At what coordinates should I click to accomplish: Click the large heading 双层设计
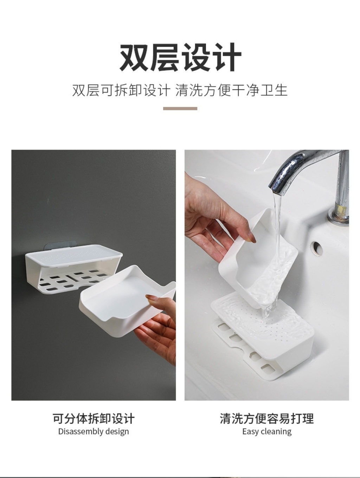180,57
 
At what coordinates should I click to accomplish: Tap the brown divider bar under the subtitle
180,109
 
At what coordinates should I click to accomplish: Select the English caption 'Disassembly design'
94,431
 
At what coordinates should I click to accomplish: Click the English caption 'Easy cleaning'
267,431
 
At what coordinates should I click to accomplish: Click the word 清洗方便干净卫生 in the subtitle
231,90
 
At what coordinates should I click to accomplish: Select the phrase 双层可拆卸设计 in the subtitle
121,90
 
